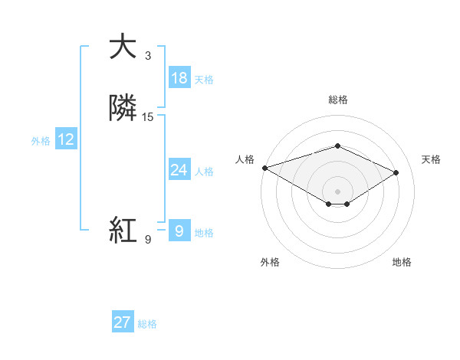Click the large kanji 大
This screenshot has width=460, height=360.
point(123,47)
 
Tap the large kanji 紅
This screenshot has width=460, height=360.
point(123,229)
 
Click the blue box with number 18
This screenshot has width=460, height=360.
point(179,78)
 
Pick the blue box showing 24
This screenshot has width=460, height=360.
point(179,170)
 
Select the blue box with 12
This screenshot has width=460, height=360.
point(66,139)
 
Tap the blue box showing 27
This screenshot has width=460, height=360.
point(123,322)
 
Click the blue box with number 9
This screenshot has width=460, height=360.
point(179,231)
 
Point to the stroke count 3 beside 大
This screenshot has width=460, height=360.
point(148,56)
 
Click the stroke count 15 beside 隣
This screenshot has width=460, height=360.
point(148,117)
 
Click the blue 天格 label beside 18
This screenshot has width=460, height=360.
point(204,80)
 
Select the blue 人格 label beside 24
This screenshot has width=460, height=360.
point(204,172)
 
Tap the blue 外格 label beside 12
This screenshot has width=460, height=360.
point(41,141)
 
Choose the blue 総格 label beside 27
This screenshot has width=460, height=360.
point(147,324)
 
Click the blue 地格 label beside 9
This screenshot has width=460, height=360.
point(204,233)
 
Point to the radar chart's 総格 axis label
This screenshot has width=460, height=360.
point(337,100)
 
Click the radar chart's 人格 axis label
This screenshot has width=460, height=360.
point(245,159)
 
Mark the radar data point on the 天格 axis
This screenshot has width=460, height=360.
point(396,173)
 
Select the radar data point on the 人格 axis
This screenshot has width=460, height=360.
point(264,167)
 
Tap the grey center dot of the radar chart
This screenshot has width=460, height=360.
point(337,190)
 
